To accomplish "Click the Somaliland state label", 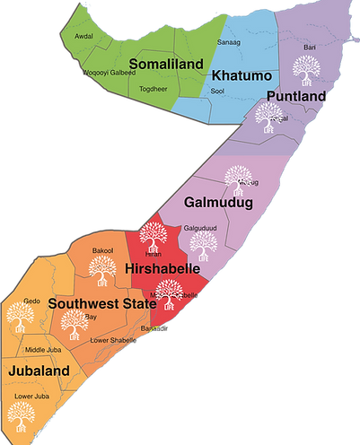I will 164,64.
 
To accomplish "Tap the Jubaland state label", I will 39,369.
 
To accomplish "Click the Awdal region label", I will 83,37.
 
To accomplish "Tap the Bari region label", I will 310,47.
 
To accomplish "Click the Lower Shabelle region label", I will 110,340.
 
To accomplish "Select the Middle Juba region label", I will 43,349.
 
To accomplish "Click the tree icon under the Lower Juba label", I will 18,414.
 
